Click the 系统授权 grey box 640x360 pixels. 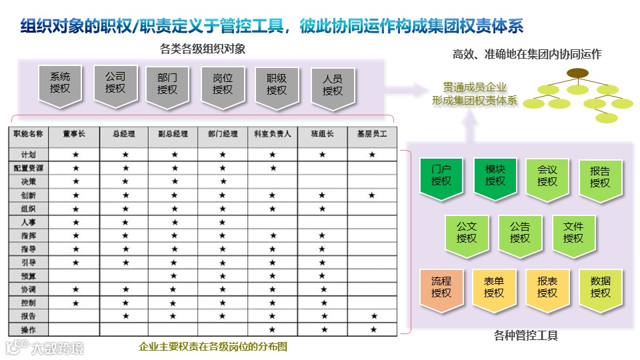[60, 85]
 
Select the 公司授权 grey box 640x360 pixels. [115, 83]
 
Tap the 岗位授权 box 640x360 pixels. [222, 85]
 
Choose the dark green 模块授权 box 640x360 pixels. [495, 175]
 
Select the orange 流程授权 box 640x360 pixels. [441, 287]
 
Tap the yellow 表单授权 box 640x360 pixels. [494, 287]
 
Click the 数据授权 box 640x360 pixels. [600, 287]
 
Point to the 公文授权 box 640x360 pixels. [467, 233]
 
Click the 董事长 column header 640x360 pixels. [75, 134]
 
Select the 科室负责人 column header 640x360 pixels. [273, 134]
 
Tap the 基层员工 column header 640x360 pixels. [372, 134]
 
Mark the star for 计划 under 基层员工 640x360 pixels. [372, 155]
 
